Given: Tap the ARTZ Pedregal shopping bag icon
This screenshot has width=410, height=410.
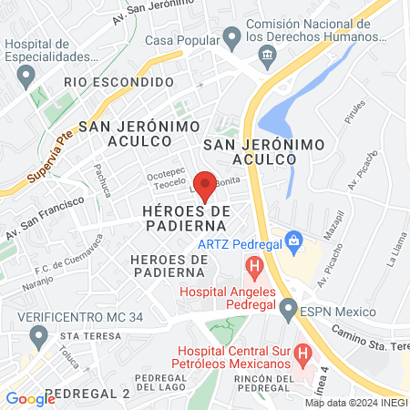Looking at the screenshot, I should click(x=293, y=241).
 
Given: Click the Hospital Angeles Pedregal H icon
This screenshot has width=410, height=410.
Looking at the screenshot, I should click(x=254, y=269).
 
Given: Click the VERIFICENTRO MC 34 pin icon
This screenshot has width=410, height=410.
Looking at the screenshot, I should click(x=38, y=336).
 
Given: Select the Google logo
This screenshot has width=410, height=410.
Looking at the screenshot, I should click(x=31, y=398).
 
